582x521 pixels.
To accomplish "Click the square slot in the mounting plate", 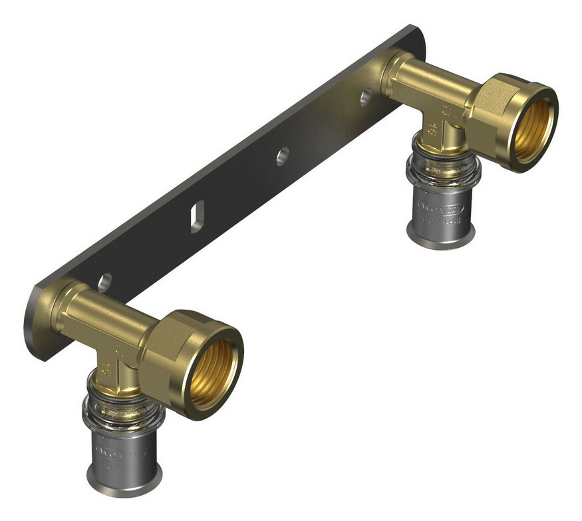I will tap(197, 218).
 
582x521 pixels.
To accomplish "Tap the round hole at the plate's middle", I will tap(283, 157).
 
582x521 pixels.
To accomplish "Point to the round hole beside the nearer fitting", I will tap(104, 283).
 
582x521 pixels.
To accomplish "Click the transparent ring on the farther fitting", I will tap(442, 167).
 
